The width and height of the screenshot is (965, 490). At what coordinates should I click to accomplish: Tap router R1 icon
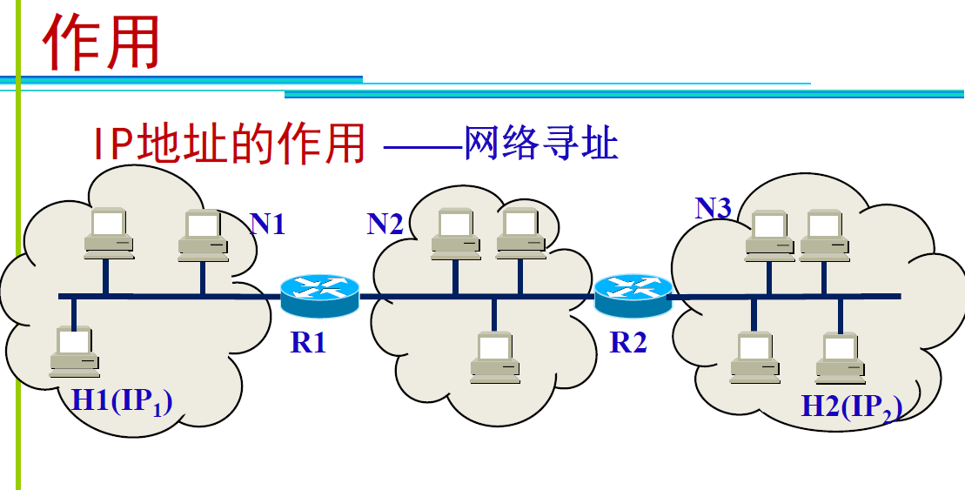click(319, 294)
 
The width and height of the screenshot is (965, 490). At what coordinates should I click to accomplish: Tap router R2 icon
click(633, 294)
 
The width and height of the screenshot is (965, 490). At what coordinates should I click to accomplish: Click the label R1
click(308, 342)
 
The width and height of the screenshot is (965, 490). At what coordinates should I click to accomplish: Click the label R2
click(628, 342)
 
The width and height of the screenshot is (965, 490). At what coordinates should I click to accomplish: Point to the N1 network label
click(267, 225)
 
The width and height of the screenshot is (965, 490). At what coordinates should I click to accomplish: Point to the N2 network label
click(385, 225)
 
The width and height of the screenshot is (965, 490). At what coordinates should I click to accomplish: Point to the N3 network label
click(713, 207)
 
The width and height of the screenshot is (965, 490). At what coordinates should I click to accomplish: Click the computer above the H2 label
click(841, 358)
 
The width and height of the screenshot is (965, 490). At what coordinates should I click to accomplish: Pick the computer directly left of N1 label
click(203, 235)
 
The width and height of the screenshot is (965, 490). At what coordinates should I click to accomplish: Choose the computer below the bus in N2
click(495, 358)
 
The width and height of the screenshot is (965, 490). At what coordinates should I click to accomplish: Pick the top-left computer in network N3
click(770, 235)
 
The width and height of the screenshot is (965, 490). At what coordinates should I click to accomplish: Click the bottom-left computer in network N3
click(754, 358)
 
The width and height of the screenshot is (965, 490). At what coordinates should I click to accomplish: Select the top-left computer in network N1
click(109, 233)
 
